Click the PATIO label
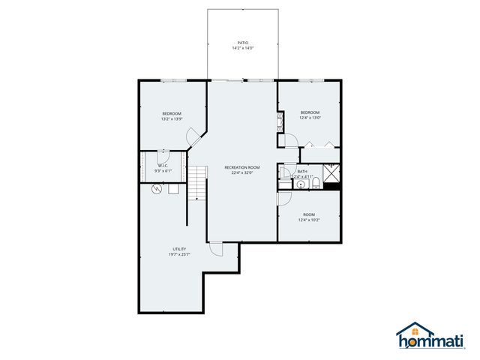242,43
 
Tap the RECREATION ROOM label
242,166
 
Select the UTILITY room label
179,249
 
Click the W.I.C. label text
163,166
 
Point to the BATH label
302,172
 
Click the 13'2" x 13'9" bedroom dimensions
171,119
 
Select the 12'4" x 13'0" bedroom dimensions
310,117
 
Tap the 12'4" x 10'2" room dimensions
309,220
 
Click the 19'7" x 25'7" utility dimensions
179,255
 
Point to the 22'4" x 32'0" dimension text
242,172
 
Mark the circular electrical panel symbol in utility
157,189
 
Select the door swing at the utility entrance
216,249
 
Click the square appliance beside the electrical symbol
173,189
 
